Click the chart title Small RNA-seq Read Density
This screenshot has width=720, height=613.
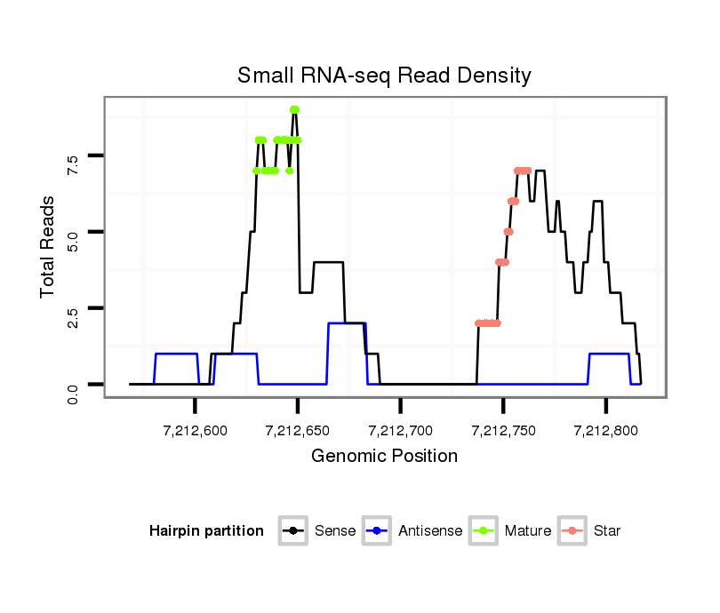tap(384, 76)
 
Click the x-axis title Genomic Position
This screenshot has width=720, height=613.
tap(384, 457)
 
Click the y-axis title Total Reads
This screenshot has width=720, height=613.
tap(48, 246)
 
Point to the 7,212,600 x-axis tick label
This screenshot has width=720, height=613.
tap(195, 431)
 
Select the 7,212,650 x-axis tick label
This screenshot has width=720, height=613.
tap(298, 431)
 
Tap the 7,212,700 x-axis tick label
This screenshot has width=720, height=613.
tap(401, 431)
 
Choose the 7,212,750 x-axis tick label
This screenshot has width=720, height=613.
tap(503, 431)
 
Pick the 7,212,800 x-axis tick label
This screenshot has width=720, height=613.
tap(606, 431)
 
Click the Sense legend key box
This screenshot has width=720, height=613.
tap(293, 531)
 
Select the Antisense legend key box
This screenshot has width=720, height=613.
tap(379, 531)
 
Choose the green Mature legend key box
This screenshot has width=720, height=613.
tap(484, 531)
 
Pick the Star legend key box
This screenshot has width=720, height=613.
tap(573, 531)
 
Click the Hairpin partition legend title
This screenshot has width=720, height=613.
tap(206, 531)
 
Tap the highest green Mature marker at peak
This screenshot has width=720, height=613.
tap(294, 109)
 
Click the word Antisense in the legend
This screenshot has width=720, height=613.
tap(430, 531)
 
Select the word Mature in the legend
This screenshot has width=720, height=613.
tap(528, 531)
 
